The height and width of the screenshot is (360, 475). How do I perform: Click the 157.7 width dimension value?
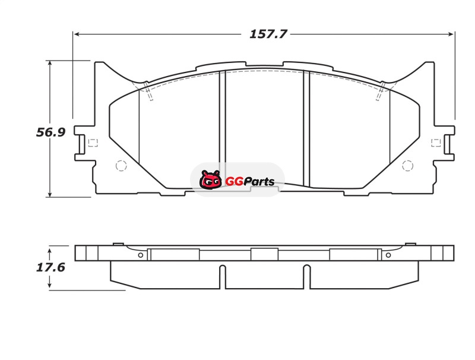(x=268, y=34)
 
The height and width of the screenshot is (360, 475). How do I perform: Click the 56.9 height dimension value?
(x=50, y=132)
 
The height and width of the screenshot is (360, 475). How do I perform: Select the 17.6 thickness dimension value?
(x=50, y=267)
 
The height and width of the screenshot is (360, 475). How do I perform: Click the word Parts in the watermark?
(x=259, y=181)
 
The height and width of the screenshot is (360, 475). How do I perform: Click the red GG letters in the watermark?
(x=234, y=182)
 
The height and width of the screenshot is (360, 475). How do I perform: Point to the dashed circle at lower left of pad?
(x=121, y=166)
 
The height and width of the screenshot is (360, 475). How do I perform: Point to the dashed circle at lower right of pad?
(x=407, y=166)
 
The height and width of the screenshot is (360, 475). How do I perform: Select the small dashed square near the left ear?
(x=93, y=143)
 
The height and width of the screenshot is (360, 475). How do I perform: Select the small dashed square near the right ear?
(x=436, y=143)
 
